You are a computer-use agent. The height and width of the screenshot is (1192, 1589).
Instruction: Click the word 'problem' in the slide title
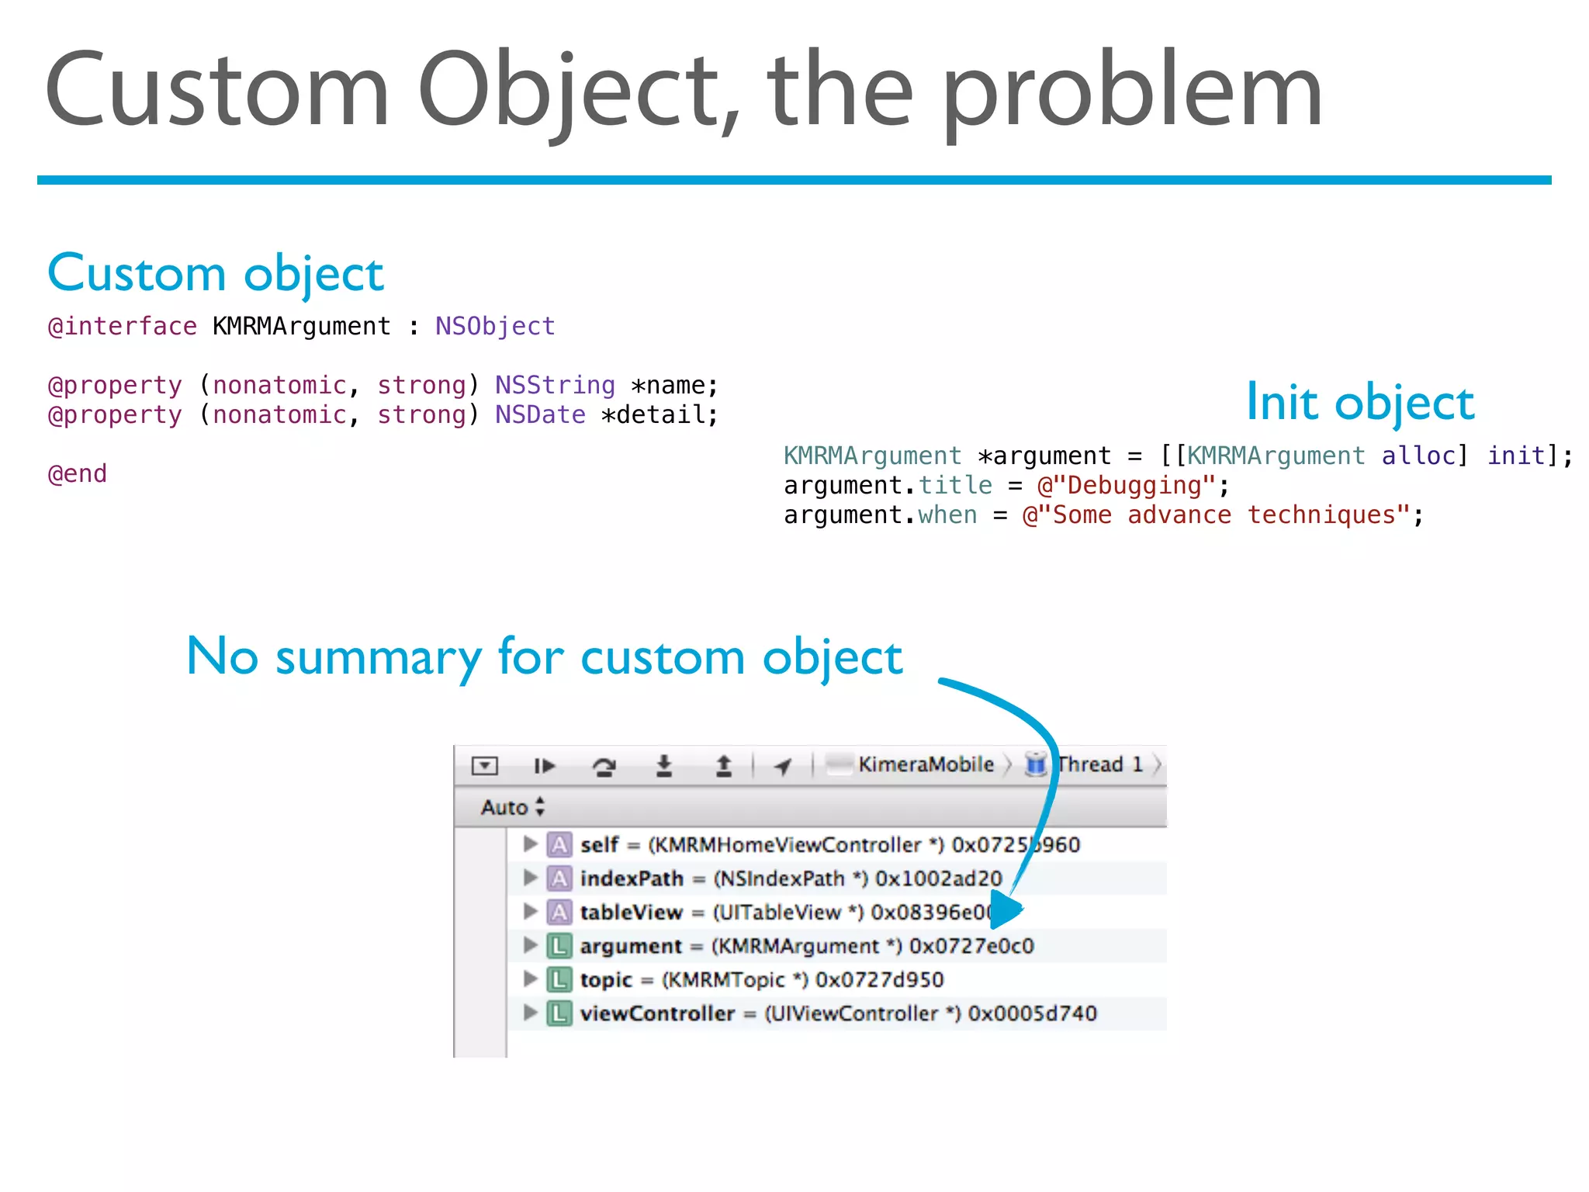(1133, 93)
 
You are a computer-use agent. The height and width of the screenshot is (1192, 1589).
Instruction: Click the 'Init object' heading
(1359, 403)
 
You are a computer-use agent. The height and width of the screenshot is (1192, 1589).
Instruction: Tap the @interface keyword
(123, 327)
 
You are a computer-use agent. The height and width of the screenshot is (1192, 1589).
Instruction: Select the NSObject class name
(495, 327)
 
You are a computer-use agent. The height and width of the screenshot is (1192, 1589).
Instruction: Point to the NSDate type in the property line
(540, 415)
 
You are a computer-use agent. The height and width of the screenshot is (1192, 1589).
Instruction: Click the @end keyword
(78, 474)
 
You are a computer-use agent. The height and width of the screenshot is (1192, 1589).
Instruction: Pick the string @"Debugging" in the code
(1126, 486)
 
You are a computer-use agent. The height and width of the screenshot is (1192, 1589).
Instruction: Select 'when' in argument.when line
(947, 515)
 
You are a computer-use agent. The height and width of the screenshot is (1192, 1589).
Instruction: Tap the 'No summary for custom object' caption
(544, 657)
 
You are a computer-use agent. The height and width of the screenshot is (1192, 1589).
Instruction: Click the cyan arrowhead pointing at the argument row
(1005, 910)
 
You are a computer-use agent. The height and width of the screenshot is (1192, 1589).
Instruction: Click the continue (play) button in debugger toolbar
(544, 767)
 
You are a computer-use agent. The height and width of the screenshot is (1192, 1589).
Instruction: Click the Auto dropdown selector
(512, 807)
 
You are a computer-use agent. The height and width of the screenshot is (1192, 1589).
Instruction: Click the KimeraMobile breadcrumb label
(925, 765)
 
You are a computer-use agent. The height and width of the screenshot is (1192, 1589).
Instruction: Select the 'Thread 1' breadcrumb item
(1099, 765)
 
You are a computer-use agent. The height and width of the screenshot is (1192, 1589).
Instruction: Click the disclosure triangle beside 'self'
(530, 844)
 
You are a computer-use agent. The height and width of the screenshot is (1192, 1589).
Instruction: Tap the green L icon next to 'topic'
(559, 980)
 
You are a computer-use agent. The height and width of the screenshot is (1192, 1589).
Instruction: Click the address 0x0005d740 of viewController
(1032, 1014)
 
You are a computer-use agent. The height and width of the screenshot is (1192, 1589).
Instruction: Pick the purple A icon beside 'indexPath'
(559, 878)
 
